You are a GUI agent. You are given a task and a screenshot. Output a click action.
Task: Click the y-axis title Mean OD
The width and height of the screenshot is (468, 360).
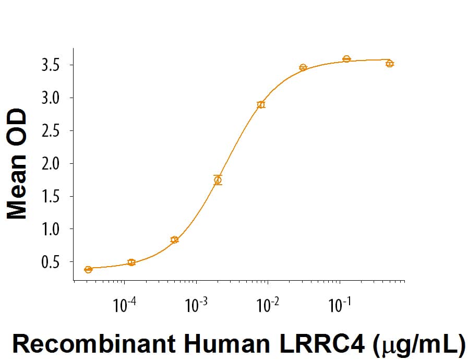(x=18, y=164)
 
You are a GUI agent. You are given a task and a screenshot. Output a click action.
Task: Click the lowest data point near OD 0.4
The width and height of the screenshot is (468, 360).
(x=88, y=269)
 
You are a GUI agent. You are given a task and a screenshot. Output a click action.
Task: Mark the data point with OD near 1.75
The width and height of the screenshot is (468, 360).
(x=218, y=180)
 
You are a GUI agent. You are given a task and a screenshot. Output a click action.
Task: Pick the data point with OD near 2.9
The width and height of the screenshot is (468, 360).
(x=261, y=105)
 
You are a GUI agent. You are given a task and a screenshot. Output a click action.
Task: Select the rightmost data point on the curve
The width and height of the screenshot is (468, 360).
(x=389, y=64)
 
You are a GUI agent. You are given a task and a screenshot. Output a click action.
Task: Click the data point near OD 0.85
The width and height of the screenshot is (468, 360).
(x=174, y=240)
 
